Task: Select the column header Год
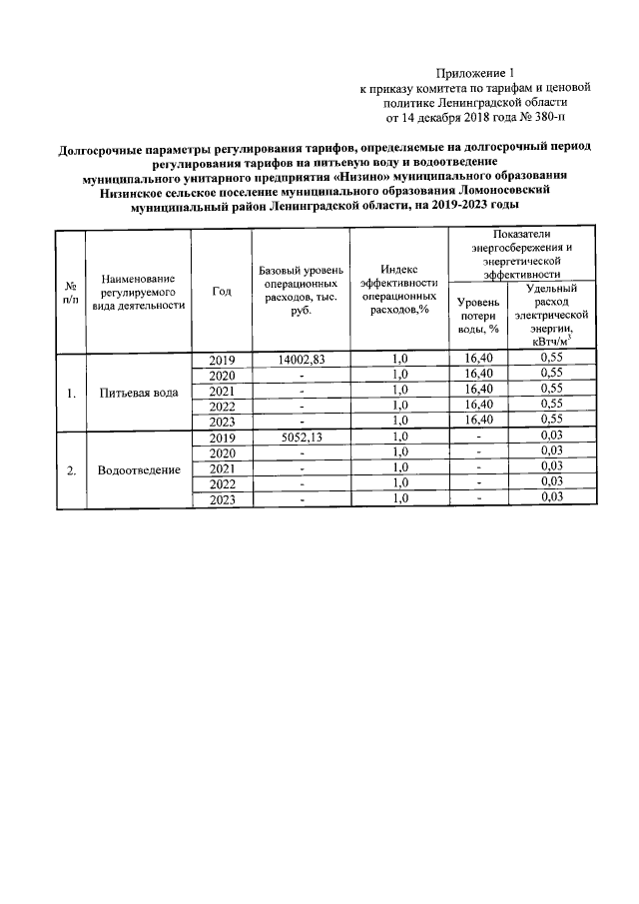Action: [222, 291]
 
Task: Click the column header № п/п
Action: [70, 291]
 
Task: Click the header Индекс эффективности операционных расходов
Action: [399, 291]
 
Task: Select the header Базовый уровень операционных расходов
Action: [301, 291]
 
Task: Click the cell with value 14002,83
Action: [301, 359]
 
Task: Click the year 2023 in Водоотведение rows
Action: [222, 500]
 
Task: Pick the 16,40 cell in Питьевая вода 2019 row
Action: [478, 359]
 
